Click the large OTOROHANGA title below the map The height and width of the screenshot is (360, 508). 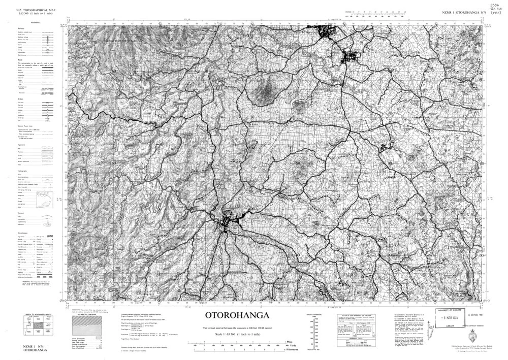[x=237, y=315]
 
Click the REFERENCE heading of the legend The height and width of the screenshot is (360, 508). [x=36, y=23]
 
